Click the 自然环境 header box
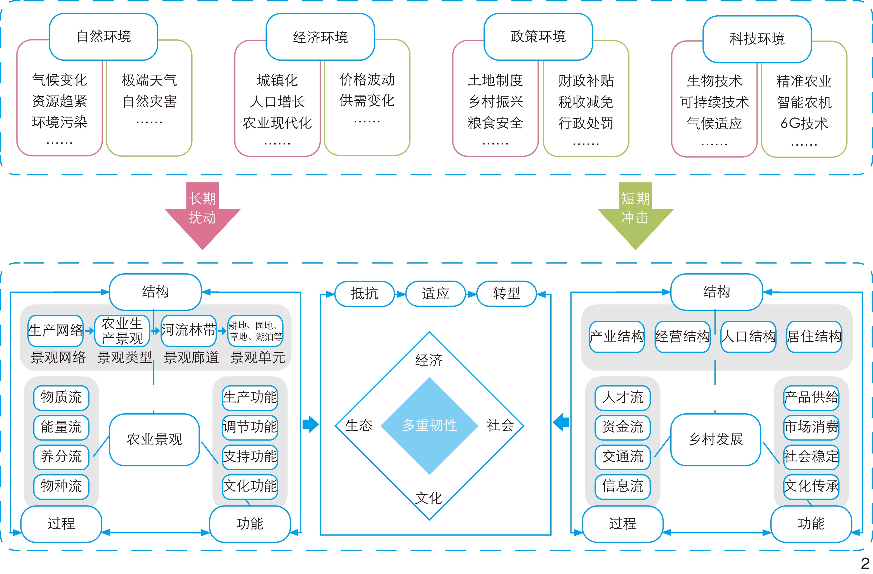(x=103, y=37)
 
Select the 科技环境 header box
(x=757, y=39)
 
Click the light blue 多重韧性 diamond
(x=430, y=425)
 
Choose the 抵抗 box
(x=365, y=294)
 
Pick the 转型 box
(x=507, y=294)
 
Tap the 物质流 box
(x=61, y=397)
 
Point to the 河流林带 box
(x=188, y=331)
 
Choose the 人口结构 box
(x=748, y=336)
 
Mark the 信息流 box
(x=622, y=487)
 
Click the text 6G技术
(x=804, y=124)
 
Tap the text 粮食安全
(x=495, y=123)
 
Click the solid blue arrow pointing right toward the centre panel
(x=310, y=424)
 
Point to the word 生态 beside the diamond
(x=359, y=425)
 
